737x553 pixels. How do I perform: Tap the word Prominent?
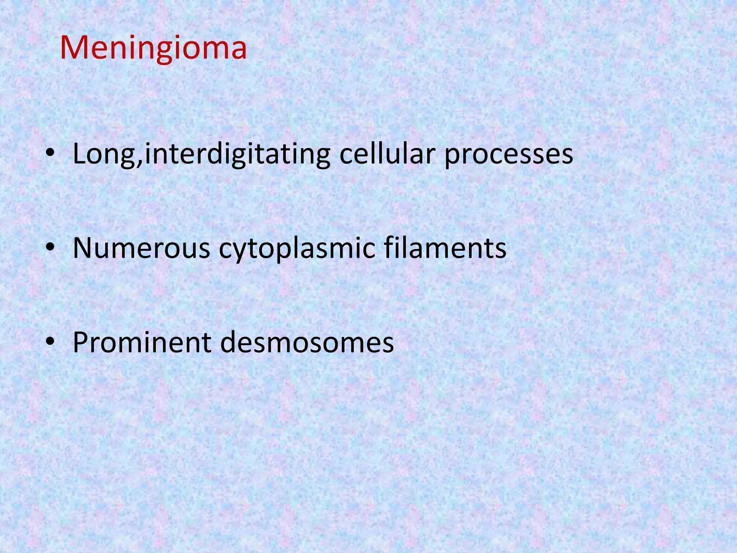pyautogui.click(x=142, y=342)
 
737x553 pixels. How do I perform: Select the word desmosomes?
pyautogui.click(x=307, y=342)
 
